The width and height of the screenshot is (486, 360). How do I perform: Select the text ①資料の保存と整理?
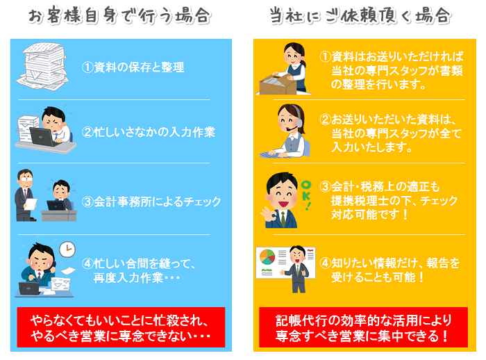tap(133, 67)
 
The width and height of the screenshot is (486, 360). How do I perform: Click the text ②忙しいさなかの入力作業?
tap(149, 131)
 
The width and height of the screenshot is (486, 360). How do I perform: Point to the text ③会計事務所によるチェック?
tap(151, 202)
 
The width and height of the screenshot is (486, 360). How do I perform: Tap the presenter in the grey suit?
tap(297, 268)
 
